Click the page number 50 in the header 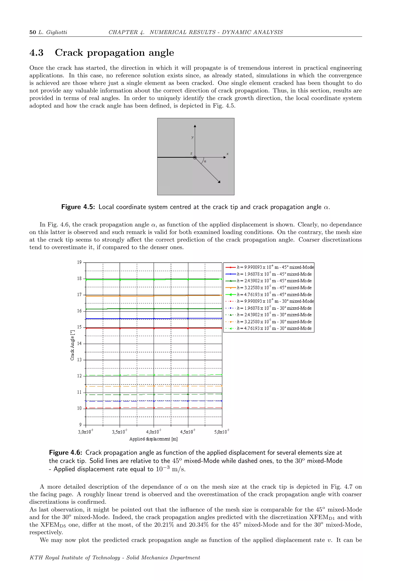[x=33, y=32]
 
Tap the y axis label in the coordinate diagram [x=192, y=137]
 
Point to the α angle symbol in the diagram [x=205, y=161]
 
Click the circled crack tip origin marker [x=195, y=158]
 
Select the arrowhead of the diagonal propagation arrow [x=219, y=181]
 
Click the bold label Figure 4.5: [x=78, y=207]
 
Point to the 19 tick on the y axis [x=79, y=262]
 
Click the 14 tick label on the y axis [x=79, y=343]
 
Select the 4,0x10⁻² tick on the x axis [x=153, y=432]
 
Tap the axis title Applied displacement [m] [x=153, y=439]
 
